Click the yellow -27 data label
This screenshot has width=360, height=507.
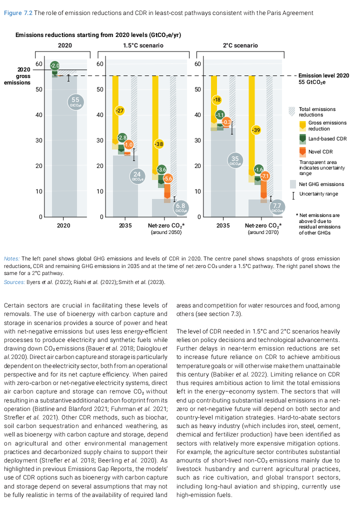point(119,110)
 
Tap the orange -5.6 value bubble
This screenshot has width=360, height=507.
point(168,178)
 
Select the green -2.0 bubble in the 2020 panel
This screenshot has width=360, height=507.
point(55,66)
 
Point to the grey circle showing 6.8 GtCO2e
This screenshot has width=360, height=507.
point(180,207)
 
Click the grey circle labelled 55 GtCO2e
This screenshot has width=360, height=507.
point(75,102)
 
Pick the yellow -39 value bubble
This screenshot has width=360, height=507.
point(256,130)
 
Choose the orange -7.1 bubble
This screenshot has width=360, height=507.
point(264,176)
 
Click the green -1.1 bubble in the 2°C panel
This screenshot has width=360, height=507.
point(219,115)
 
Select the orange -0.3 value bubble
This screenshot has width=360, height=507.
point(226,122)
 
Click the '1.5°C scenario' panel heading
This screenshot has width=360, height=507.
point(141,45)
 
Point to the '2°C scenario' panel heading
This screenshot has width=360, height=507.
point(240,45)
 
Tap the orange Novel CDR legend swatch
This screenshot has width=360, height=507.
point(301,151)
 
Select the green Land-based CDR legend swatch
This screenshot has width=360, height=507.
point(301,138)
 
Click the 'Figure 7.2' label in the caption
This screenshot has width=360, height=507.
point(18,12)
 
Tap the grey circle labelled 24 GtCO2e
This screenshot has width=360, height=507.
point(136,176)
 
